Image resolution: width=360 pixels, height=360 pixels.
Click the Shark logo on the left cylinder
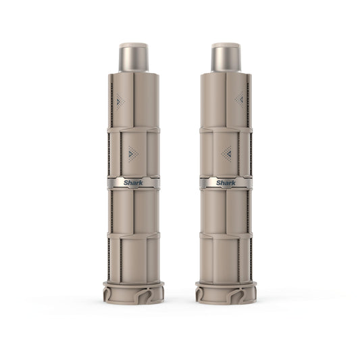[133, 183]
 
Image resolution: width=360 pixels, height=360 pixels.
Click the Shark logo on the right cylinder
[226, 183]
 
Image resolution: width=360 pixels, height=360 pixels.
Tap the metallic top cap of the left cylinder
[133, 57]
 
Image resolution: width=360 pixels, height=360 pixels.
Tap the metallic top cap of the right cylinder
[226, 57]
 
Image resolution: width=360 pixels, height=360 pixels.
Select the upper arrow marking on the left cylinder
[120, 102]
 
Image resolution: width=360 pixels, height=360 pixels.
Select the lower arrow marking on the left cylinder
[133, 153]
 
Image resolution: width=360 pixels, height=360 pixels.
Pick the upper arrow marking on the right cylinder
[240, 100]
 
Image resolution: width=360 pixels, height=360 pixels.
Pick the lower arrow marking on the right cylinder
[227, 153]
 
